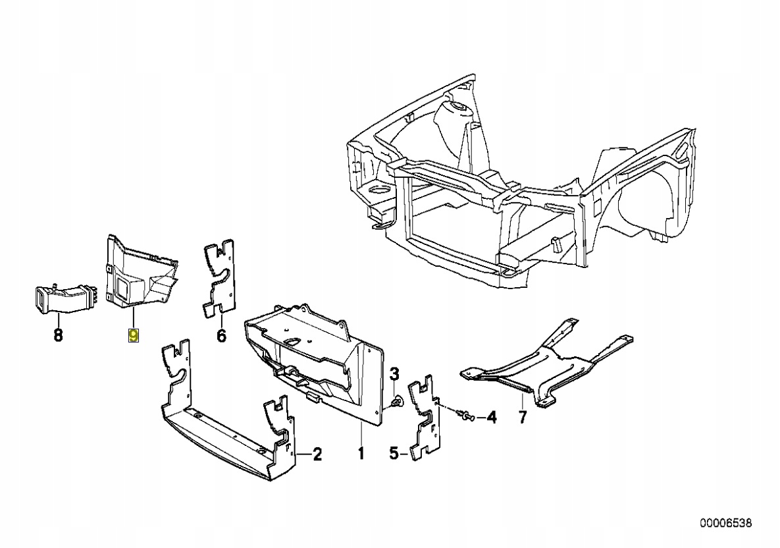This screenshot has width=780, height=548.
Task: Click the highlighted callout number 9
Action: click(x=134, y=336)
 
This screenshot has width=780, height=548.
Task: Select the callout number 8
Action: click(x=58, y=336)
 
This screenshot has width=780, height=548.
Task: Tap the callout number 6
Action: click(x=221, y=336)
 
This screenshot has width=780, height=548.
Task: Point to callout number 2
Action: click(x=317, y=454)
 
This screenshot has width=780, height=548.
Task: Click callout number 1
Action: click(x=361, y=454)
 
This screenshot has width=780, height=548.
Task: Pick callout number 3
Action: click(x=395, y=375)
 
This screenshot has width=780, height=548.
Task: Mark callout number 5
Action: click(x=394, y=454)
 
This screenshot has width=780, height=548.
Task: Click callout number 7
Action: click(x=523, y=417)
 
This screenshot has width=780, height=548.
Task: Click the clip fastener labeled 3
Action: click(x=396, y=400)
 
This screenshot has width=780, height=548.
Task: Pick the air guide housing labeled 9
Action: click(x=138, y=277)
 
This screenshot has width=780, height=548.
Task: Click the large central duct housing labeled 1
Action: click(x=316, y=356)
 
